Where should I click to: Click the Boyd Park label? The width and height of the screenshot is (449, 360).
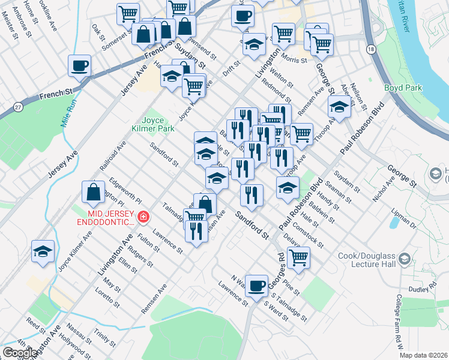pos(403,88)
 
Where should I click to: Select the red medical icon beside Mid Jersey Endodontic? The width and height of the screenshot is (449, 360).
pos(143,217)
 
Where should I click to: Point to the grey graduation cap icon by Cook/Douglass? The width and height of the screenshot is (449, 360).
pos(405,259)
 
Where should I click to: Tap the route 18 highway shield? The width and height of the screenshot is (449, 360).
pos(372,49)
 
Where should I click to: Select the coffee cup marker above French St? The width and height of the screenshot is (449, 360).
pos(80,65)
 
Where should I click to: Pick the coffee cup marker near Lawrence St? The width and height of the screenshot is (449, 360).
pos(257,285)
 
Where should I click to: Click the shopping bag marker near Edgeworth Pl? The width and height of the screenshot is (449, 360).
pos(94,192)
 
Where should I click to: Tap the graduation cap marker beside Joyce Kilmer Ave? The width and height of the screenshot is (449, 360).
pos(43,251)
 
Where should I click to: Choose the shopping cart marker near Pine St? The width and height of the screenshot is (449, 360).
pos(298,258)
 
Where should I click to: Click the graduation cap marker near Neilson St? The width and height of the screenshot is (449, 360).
pos(339,108)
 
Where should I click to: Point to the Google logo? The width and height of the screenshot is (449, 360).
pos(20,352)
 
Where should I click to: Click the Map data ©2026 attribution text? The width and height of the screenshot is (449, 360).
pos(424,355)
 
